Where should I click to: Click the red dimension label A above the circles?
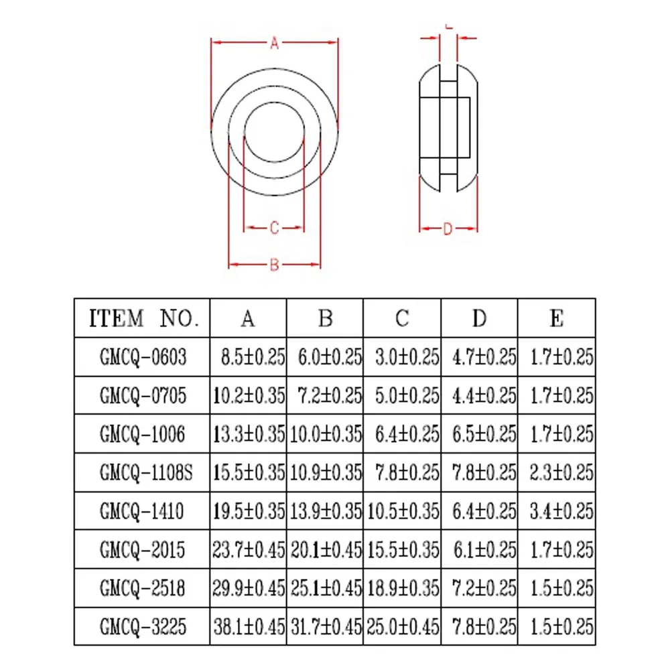pos(274,43)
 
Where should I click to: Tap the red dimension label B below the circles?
pos(274,265)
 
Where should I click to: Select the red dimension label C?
pos(274,228)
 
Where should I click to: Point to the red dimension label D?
pos(448,229)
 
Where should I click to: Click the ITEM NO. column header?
pos(144,318)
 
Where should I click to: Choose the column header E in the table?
pos(556,318)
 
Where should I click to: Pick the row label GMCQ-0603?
pos(143,357)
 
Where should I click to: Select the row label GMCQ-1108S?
pos(146,472)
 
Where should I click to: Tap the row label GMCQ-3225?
pos(143,627)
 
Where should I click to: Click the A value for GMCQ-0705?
pos(249,396)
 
